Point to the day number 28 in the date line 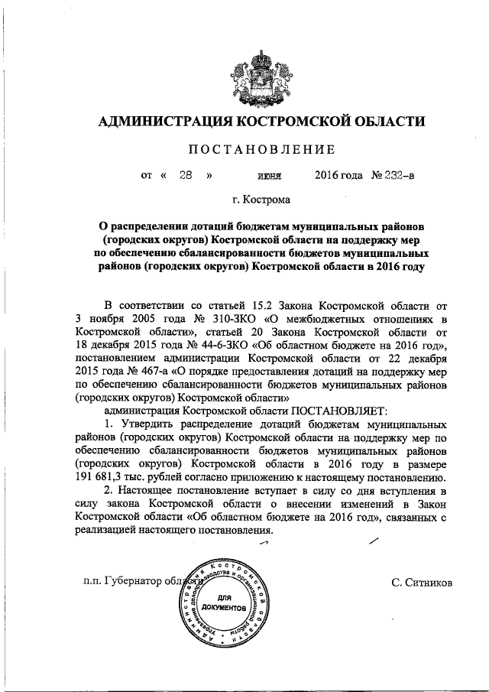(x=184, y=175)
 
